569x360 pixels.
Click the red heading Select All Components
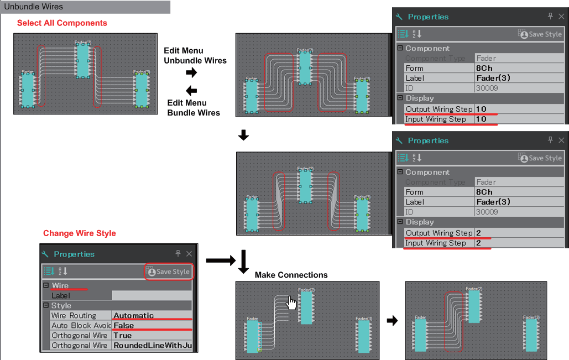[x=62, y=23]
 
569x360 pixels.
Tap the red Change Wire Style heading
[x=80, y=233]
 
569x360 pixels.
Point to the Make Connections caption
[x=291, y=275]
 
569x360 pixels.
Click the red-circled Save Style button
[x=168, y=272]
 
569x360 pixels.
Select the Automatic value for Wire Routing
[x=134, y=316]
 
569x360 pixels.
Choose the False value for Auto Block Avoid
[x=124, y=326]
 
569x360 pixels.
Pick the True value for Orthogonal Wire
[x=123, y=336]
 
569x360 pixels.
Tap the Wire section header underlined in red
[x=60, y=286]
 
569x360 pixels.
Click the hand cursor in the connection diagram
[x=291, y=302]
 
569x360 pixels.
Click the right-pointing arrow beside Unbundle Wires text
[x=191, y=72]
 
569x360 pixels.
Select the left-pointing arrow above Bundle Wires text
[x=191, y=91]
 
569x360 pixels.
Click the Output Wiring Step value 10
[x=481, y=109]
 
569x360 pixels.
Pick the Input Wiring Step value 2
[x=479, y=243]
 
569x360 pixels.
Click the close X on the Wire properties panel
[x=189, y=254]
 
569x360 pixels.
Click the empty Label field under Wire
[x=152, y=296]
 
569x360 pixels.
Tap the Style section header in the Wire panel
[x=61, y=306]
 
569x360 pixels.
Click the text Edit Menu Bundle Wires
[x=194, y=108]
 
